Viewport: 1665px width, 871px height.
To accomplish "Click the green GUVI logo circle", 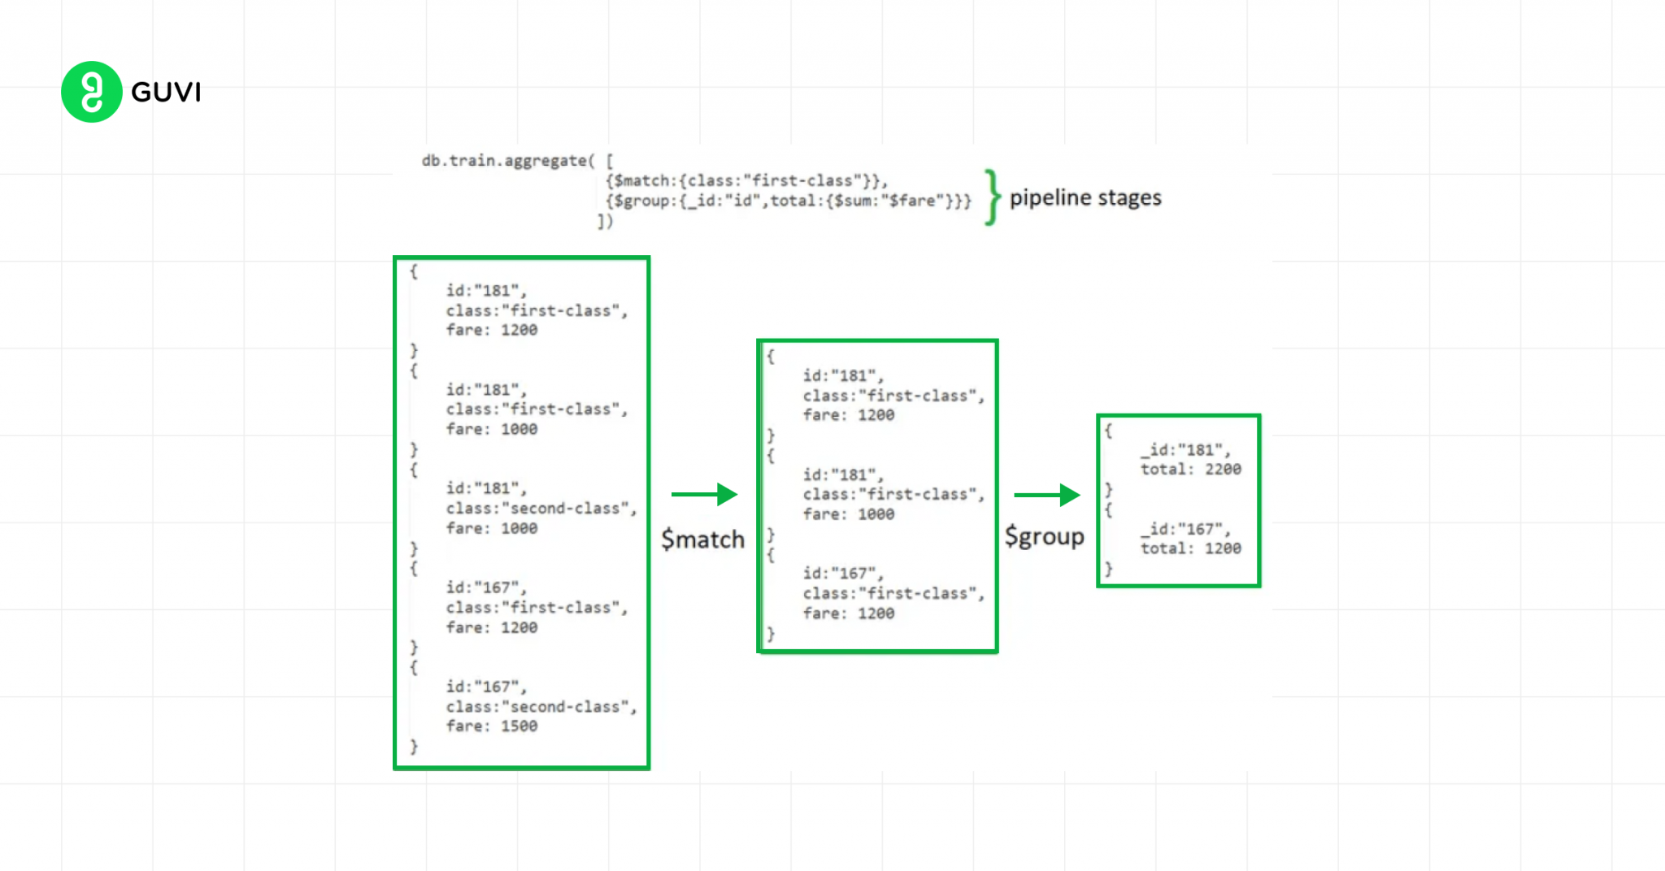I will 91,92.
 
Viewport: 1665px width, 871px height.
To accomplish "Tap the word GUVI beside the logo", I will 166,93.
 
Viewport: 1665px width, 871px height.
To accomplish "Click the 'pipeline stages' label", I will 1085,197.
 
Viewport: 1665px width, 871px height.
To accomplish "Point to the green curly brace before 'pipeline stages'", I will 991,197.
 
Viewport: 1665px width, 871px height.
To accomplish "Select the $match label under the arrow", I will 702,539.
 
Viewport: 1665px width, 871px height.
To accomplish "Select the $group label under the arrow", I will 1044,536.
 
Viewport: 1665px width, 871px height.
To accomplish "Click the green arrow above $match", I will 704,494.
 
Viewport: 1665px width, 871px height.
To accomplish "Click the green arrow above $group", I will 1046,495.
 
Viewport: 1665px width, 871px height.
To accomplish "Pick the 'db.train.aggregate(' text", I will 508,161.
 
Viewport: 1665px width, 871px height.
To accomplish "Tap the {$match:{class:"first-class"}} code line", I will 746,180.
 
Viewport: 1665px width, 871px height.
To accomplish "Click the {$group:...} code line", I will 788,201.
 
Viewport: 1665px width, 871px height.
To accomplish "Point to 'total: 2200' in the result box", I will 1190,469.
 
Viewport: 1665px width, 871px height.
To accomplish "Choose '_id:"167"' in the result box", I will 1185,529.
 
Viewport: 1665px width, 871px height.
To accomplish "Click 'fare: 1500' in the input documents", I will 491,726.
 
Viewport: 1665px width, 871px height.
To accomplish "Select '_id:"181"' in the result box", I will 1185,449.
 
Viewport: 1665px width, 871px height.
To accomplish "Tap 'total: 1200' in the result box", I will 1190,548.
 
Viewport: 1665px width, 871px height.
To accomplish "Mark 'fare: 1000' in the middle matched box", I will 848,513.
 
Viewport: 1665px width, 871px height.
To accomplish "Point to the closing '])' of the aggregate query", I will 605,221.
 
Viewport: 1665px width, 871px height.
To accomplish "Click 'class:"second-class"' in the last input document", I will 541,707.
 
